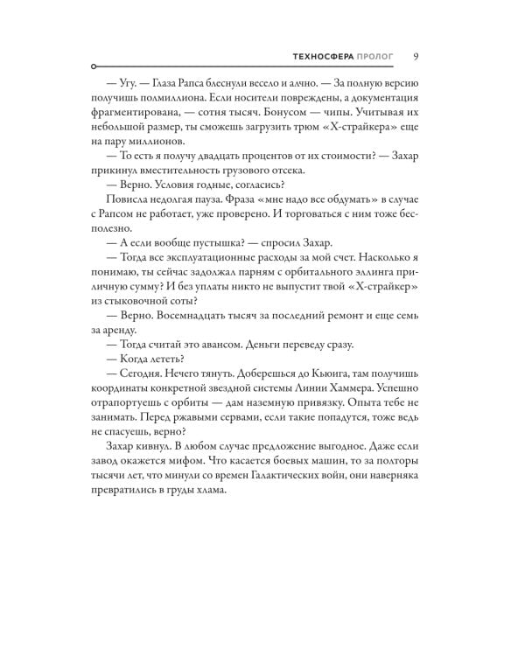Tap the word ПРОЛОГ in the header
pyautogui.click(x=375, y=57)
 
